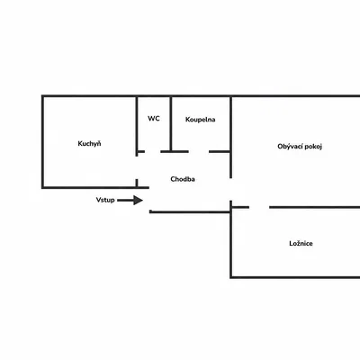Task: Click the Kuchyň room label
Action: point(89,144)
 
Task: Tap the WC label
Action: point(154,119)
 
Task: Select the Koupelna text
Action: point(201,120)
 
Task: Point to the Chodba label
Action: point(183,179)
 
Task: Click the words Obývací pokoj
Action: point(300,147)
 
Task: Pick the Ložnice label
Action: point(301,243)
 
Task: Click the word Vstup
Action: point(105,200)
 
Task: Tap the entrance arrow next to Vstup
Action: point(130,200)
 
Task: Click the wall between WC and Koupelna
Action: point(171,123)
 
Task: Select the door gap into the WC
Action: point(153,152)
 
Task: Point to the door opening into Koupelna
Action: point(199,152)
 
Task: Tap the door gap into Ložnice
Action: point(259,207)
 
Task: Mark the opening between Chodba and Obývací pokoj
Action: point(231,189)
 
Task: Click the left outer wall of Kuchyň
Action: point(43,142)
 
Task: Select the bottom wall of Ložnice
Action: point(295,277)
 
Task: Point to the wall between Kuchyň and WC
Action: point(137,123)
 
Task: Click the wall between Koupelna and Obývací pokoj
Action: point(231,138)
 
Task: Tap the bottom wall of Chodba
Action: point(190,211)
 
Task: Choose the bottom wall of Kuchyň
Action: point(95,187)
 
